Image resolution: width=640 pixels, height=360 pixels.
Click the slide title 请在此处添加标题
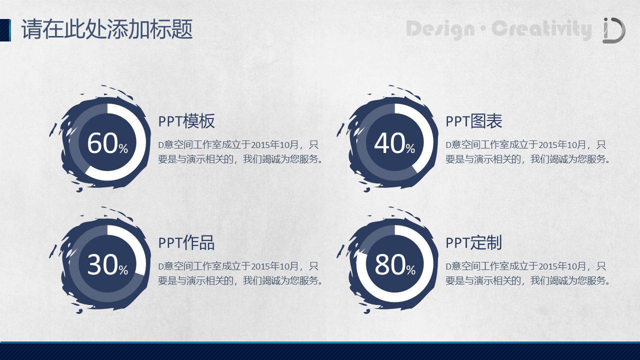tap(107, 29)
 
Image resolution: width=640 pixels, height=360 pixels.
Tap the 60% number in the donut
tap(107, 143)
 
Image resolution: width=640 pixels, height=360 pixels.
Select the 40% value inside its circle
tap(394, 143)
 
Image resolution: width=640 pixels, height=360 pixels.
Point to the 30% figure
tap(107, 265)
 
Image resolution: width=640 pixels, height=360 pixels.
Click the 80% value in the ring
tap(395, 265)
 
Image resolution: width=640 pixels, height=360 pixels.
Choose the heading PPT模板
tap(186, 121)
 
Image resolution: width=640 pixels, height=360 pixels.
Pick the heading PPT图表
tap(473, 121)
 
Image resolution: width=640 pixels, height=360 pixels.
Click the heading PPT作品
tap(186, 243)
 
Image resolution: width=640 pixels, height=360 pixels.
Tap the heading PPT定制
tap(473, 243)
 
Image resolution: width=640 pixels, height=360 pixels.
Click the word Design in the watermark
tap(440, 29)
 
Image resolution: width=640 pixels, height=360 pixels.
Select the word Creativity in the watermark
tap(541, 29)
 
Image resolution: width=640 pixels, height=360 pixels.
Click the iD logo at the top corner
tap(614, 30)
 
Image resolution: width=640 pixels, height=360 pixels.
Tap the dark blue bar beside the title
tap(5, 30)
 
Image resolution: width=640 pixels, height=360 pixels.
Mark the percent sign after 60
tap(123, 148)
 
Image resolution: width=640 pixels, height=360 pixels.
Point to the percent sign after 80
tap(410, 270)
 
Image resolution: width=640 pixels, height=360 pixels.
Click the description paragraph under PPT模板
tap(240, 152)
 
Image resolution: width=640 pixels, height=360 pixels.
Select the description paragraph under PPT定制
tap(528, 273)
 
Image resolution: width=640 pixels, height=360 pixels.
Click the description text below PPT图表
tap(528, 152)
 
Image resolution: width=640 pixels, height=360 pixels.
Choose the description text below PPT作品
tap(240, 273)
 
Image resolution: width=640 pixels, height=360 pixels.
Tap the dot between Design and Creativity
tap(483, 28)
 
